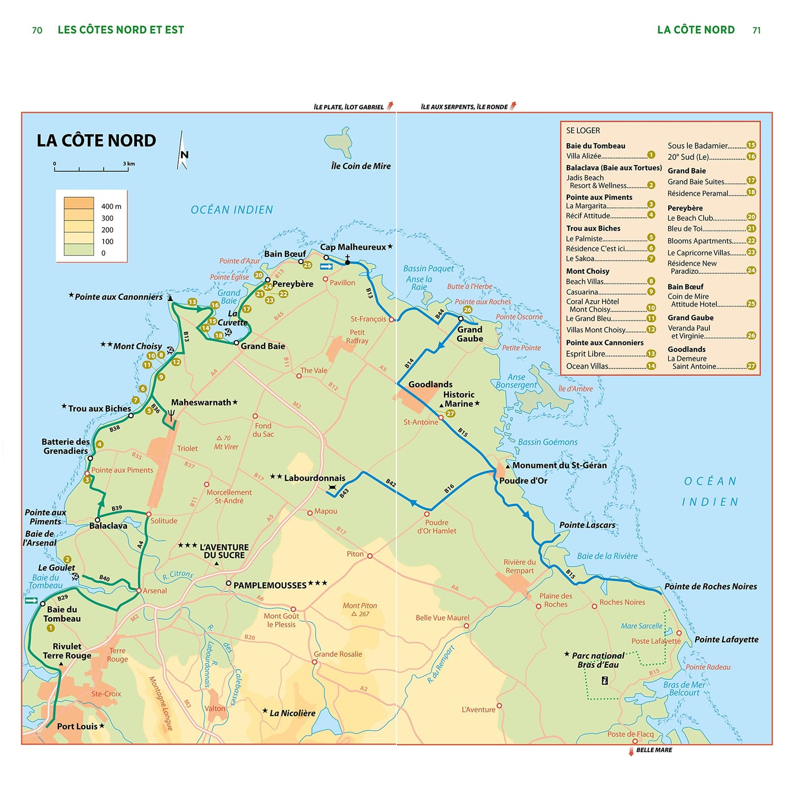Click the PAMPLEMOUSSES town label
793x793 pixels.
point(270,585)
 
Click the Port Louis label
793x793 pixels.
point(77,726)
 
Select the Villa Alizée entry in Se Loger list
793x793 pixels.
point(584,156)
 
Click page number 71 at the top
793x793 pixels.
point(756,30)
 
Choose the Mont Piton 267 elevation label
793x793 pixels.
point(360,610)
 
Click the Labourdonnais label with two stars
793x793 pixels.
point(314,478)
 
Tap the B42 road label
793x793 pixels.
point(391,482)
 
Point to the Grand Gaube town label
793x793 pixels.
point(469,334)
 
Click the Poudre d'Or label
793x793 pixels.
point(523,481)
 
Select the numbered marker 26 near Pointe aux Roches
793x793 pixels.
point(467,310)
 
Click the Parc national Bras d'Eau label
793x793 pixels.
point(598,660)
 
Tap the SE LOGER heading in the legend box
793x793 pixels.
point(583,131)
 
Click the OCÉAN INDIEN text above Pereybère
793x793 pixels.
point(232,210)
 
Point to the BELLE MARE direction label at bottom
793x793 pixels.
point(653,750)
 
